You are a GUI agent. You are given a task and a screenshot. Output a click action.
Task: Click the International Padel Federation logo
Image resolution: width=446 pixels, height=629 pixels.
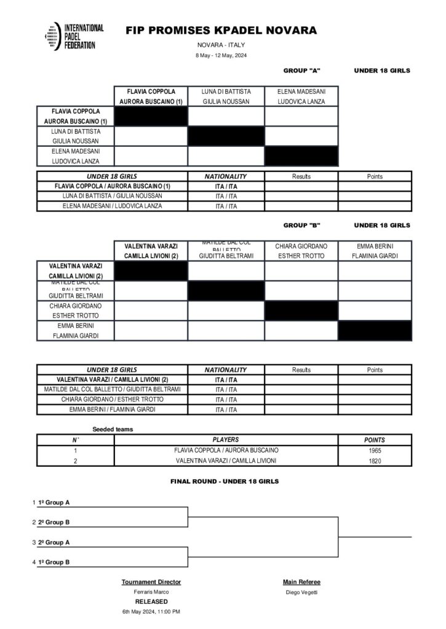pyautogui.click(x=74, y=36)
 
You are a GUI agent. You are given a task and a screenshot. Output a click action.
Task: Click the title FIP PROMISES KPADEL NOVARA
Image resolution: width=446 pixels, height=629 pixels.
pyautogui.click(x=221, y=30)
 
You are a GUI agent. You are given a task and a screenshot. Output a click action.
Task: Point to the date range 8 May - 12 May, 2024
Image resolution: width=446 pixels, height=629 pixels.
pyautogui.click(x=221, y=56)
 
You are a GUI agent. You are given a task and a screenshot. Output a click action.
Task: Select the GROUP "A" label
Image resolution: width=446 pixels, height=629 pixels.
pyautogui.click(x=301, y=71)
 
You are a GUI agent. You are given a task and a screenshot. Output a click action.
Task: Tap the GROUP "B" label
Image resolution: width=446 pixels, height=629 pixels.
pyautogui.click(x=301, y=225)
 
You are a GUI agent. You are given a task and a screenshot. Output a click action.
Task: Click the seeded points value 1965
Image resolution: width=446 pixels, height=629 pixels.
pyautogui.click(x=375, y=450)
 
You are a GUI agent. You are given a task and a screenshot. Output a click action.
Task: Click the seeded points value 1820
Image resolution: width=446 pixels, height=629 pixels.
pyautogui.click(x=375, y=460)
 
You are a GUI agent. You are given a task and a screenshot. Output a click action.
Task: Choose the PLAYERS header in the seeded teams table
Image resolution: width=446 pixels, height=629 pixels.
pyautogui.click(x=226, y=440)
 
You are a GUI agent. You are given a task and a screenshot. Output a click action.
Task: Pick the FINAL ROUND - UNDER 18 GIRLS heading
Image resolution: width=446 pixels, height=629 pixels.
pyautogui.click(x=225, y=482)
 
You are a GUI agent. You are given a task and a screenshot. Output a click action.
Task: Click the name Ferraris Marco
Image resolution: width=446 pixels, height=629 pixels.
pyautogui.click(x=151, y=592)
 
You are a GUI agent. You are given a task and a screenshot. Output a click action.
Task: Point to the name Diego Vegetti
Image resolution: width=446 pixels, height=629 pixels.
pyautogui.click(x=301, y=592)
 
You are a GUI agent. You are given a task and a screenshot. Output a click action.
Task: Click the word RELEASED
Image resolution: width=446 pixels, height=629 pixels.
pyautogui.click(x=151, y=601)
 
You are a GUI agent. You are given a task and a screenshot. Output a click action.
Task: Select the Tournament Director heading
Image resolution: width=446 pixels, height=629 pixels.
pyautogui.click(x=151, y=582)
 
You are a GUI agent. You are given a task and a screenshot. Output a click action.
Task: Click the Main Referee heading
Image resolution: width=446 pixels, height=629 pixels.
pyautogui.click(x=301, y=582)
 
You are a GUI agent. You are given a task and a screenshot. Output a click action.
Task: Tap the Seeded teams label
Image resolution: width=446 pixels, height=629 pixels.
pyautogui.click(x=113, y=429)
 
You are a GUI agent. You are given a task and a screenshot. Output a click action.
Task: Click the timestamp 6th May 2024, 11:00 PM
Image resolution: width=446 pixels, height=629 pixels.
pyautogui.click(x=151, y=612)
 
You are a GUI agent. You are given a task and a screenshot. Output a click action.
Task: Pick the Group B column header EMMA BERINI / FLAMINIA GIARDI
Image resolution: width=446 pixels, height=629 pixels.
pyautogui.click(x=375, y=251)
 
